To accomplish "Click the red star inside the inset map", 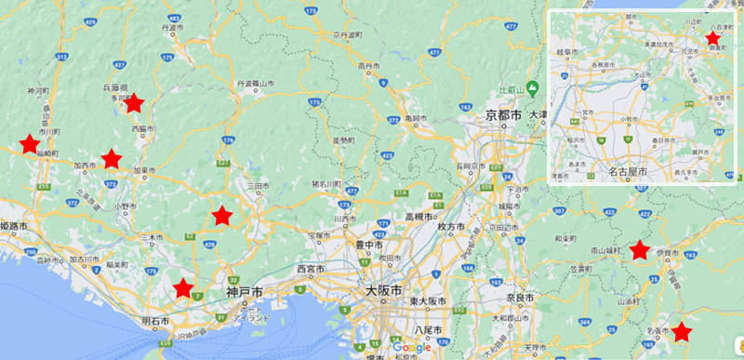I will pyautogui.click(x=712, y=38).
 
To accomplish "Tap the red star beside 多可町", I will pyautogui.click(x=134, y=102).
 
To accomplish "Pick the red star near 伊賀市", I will pyautogui.click(x=639, y=249).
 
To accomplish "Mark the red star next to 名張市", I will pyautogui.click(x=682, y=331).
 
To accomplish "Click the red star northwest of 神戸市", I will pyautogui.click(x=221, y=216).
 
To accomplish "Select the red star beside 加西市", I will pyautogui.click(x=112, y=159).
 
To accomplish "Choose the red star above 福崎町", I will pyautogui.click(x=30, y=143).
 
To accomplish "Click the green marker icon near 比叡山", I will pyautogui.click(x=532, y=89).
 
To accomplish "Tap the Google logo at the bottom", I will pyautogui.click(x=397, y=348).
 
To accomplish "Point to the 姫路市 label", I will pyautogui.click(x=14, y=226).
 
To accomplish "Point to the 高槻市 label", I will pyautogui.click(x=417, y=217).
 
